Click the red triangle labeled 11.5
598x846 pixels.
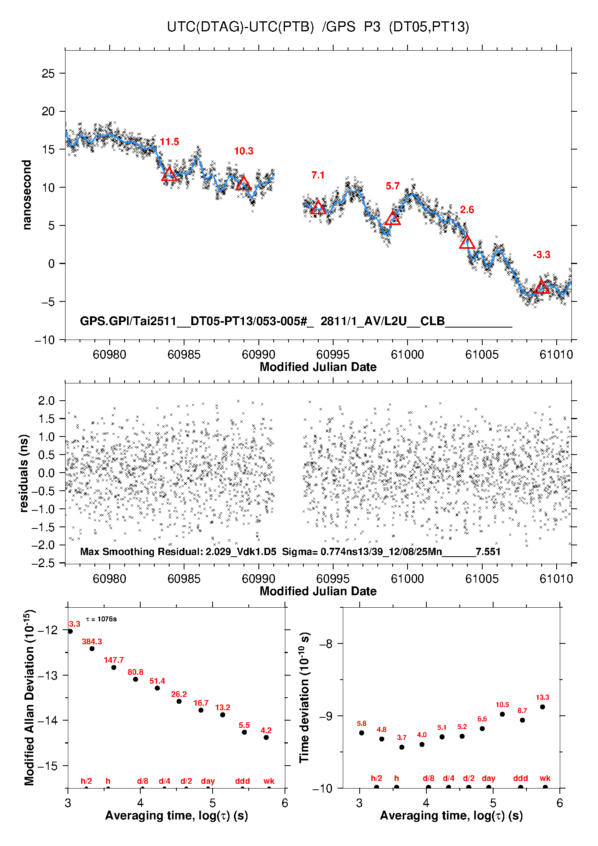[169, 174]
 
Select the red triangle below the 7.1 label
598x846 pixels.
[318, 208]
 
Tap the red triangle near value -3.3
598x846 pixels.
[542, 287]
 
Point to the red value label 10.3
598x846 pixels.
[244, 151]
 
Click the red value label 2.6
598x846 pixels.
[467, 210]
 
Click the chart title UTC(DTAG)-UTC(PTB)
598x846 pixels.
[240, 27]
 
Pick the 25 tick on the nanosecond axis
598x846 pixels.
[48, 74]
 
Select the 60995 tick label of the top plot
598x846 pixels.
[333, 354]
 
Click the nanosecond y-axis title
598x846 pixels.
[27, 195]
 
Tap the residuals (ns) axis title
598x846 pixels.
[24, 473]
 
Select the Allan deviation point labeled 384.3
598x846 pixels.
[92, 649]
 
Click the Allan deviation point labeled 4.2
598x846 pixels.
[266, 737]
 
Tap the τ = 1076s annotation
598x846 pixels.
[101, 619]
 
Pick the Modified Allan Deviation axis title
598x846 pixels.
[29, 697]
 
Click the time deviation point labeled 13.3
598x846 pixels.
[543, 707]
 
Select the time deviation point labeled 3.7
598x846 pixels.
[402, 747]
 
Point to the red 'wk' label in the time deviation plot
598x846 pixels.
[545, 778]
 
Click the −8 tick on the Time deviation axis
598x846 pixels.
[326, 644]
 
